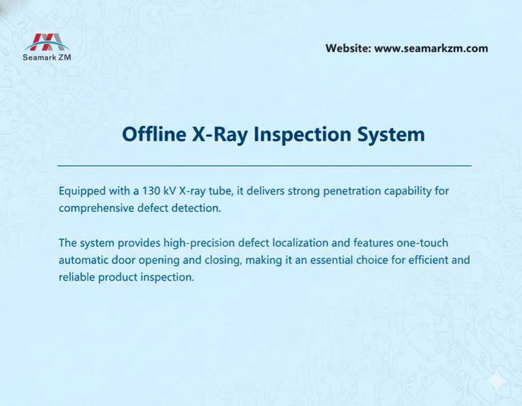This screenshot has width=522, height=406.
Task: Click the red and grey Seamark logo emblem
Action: click(47, 42)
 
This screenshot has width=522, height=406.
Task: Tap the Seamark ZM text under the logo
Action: click(47, 57)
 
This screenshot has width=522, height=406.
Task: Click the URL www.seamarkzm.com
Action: click(431, 49)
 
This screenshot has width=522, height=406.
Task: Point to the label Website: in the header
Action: click(348, 49)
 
